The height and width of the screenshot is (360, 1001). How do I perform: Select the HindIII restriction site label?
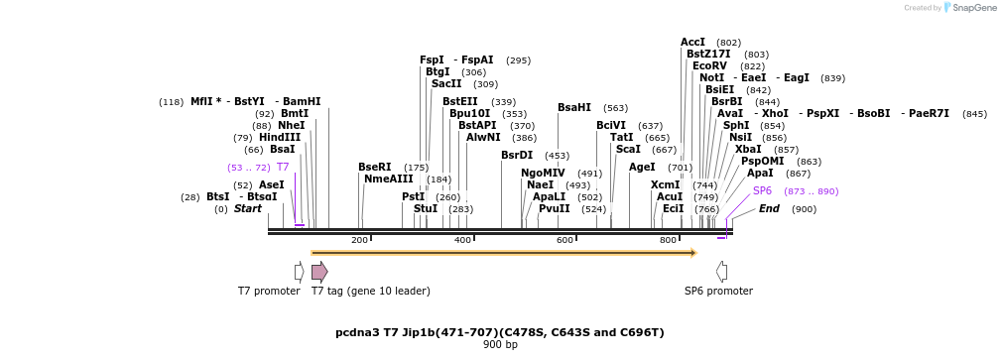click(x=280, y=137)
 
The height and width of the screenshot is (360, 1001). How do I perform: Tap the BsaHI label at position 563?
click(x=574, y=108)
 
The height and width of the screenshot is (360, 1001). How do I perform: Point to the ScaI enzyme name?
click(x=629, y=150)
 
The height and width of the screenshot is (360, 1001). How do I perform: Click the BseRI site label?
click(x=375, y=168)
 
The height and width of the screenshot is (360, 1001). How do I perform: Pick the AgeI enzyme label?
click(x=642, y=168)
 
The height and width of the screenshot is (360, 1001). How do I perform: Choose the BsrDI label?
click(x=517, y=155)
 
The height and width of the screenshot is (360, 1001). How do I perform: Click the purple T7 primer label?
click(x=283, y=168)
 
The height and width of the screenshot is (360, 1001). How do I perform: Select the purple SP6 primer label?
click(x=762, y=190)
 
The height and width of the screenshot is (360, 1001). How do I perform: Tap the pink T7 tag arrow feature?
click(x=319, y=273)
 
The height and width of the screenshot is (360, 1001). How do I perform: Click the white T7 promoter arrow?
click(x=299, y=273)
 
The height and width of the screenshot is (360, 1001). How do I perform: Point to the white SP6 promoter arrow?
click(x=721, y=273)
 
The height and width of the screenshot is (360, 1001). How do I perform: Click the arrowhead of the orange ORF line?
click(x=693, y=253)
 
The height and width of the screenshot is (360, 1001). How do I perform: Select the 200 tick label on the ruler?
click(x=359, y=240)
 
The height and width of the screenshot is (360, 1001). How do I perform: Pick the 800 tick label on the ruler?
click(x=668, y=240)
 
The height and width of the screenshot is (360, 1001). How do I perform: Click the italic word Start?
click(x=248, y=208)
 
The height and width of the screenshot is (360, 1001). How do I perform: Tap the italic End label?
click(x=769, y=208)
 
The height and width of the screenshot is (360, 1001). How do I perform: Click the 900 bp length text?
click(x=500, y=345)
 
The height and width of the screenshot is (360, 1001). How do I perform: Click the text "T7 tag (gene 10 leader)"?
click(x=371, y=291)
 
